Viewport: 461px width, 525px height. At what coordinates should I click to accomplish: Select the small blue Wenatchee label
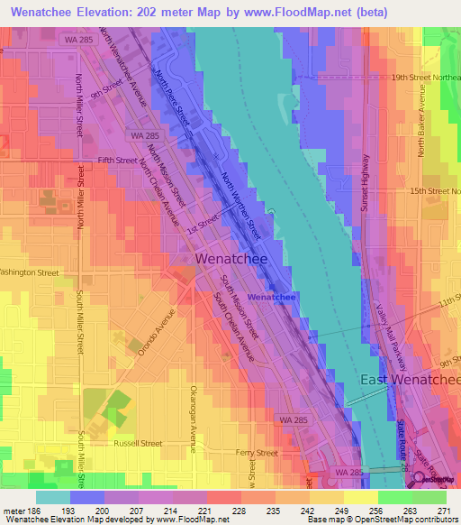272,297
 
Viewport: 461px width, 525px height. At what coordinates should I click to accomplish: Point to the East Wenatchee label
411,380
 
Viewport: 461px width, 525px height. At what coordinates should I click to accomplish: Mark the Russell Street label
138,443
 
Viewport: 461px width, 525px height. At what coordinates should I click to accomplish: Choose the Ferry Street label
256,453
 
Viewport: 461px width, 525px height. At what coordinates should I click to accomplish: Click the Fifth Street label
117,160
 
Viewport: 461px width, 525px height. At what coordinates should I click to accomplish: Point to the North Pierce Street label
170,97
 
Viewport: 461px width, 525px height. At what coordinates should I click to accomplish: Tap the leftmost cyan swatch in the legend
53,497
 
